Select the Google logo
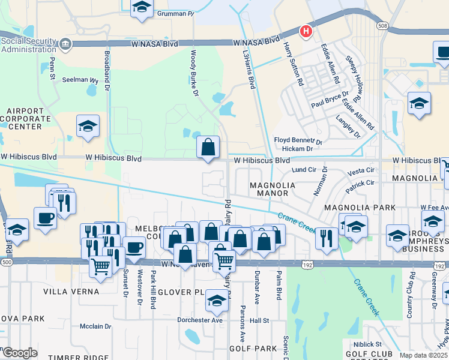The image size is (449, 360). [20, 352]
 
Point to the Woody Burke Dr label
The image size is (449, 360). [194, 73]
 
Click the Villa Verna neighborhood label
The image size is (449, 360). [71, 292]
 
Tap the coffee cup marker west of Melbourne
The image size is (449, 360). [45, 217]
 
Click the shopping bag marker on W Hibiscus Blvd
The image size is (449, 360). [208, 146]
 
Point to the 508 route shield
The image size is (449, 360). [381, 26]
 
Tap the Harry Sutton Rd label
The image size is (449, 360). [294, 60]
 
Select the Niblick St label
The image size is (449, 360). [370, 344]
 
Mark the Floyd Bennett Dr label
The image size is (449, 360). [298, 140]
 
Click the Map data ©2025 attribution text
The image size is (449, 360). [424, 355]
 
